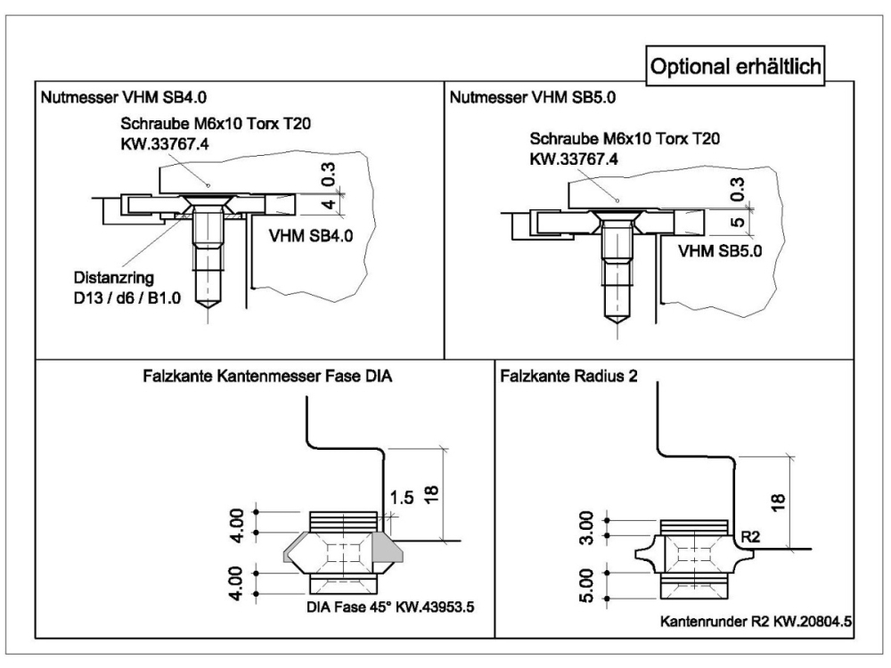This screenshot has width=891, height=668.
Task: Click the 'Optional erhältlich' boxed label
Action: (735, 67)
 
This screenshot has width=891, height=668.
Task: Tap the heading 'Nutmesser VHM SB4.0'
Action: (124, 97)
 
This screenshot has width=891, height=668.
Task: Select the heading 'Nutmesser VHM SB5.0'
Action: (533, 97)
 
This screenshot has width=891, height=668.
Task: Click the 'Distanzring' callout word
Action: (114, 278)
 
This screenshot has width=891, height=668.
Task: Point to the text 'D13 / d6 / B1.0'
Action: (127, 297)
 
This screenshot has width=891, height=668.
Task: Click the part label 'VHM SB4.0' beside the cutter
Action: (311, 235)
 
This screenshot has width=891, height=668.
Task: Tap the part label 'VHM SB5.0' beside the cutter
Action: (720, 250)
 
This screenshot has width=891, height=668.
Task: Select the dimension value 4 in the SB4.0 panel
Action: (330, 203)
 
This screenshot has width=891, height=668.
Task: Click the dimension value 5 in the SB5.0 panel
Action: (737, 222)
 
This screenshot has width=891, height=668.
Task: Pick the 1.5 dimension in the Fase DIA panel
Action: (402, 498)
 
